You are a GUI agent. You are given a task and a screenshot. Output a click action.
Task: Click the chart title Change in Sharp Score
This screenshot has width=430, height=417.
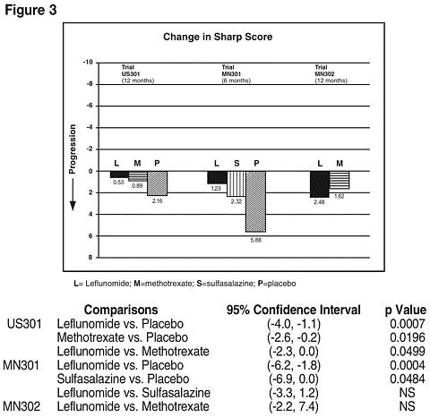pyautogui.click(x=218, y=37)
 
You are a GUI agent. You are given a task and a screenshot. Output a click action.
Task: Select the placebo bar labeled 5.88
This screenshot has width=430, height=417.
pyautogui.click(x=255, y=201)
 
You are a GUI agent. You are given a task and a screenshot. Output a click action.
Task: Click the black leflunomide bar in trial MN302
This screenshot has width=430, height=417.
pyautogui.click(x=320, y=184)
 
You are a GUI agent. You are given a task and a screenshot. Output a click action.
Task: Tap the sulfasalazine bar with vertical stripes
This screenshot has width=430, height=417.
pyautogui.click(x=236, y=183)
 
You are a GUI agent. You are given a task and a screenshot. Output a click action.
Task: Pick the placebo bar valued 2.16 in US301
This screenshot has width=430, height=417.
pyautogui.click(x=157, y=183)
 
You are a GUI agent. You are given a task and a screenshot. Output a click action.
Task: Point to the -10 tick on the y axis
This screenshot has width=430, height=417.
pyautogui.click(x=88, y=63)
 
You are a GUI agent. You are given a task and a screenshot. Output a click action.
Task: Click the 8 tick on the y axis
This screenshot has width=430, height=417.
pyautogui.click(x=90, y=257)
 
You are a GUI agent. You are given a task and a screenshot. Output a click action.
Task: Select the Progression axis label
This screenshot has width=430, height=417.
pyautogui.click(x=72, y=149)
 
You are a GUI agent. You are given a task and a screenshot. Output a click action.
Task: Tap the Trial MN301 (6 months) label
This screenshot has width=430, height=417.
pyautogui.click(x=236, y=74)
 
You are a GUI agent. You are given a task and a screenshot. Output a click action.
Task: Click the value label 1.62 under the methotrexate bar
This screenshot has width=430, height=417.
pyautogui.click(x=339, y=196)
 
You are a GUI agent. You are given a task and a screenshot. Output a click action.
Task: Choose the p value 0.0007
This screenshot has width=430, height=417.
pyautogui.click(x=408, y=324)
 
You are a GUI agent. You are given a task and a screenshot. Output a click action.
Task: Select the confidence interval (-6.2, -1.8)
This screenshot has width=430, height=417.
pyautogui.click(x=294, y=365)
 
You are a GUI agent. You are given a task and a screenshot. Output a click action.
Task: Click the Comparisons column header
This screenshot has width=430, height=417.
pyautogui.click(x=121, y=310)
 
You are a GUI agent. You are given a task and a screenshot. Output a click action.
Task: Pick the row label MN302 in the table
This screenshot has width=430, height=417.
pyautogui.click(x=21, y=406)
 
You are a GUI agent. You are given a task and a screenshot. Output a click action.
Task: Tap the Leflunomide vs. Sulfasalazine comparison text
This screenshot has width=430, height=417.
pyautogui.click(x=133, y=393)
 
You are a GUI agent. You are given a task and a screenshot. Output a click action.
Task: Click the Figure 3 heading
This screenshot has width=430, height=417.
pyautogui.click(x=30, y=10)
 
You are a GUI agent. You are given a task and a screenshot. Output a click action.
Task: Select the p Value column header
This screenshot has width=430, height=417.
pyautogui.click(x=406, y=311)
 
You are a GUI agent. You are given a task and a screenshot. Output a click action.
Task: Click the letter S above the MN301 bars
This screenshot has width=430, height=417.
pyautogui.click(x=236, y=163)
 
